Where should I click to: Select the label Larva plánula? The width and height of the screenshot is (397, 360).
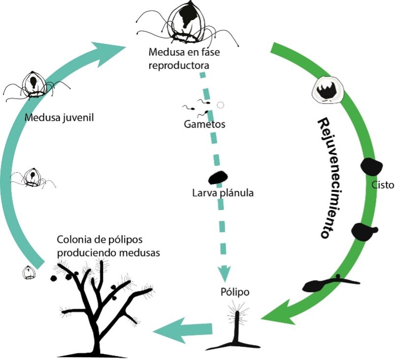tap(223, 193)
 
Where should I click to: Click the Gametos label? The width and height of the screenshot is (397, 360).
tap(205, 124)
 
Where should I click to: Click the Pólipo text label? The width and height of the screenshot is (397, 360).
tap(233, 291)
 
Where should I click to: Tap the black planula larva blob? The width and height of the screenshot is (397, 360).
tap(217, 177)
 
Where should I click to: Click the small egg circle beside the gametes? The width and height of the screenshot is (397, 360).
tap(221, 105)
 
